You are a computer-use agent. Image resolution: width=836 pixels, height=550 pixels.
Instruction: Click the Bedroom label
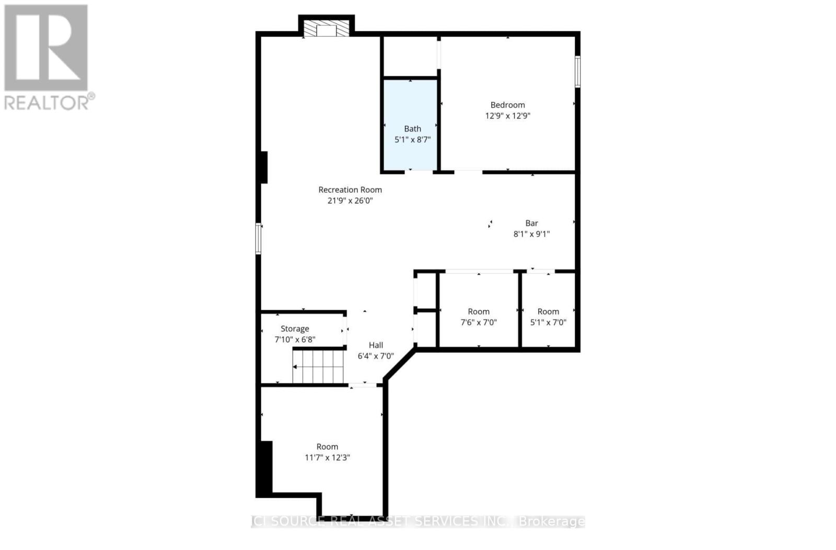click(x=507, y=105)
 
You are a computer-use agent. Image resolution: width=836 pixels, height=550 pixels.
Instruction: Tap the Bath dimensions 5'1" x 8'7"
click(x=412, y=140)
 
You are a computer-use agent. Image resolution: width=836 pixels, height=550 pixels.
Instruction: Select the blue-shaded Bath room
click(x=411, y=104)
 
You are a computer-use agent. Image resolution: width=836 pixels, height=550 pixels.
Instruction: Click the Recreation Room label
click(x=350, y=190)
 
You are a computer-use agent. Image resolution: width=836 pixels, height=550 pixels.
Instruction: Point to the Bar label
click(x=531, y=223)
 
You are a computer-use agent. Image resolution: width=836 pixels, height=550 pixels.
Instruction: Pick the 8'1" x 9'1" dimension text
click(x=531, y=234)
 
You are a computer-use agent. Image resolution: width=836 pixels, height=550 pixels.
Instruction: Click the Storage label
click(x=295, y=329)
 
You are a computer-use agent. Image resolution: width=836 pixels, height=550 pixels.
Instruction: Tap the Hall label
click(x=376, y=345)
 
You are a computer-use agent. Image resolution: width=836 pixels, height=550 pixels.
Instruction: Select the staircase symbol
click(x=318, y=366)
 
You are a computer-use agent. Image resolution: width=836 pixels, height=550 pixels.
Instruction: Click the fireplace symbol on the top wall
click(x=327, y=30)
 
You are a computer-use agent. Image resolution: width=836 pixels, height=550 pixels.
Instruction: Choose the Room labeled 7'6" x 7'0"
click(x=479, y=312)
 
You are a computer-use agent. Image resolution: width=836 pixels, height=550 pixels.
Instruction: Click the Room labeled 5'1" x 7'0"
click(x=548, y=312)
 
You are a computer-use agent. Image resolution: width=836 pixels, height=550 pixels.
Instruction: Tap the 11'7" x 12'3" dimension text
click(x=327, y=458)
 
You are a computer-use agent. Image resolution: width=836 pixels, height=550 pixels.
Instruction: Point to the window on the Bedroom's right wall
click(x=577, y=72)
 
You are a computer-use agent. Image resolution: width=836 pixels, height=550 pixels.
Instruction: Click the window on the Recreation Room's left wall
click(x=258, y=239)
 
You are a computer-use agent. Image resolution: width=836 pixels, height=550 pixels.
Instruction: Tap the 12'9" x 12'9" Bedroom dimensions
click(x=507, y=116)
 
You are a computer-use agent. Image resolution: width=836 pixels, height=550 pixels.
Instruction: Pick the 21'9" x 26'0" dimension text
click(x=350, y=201)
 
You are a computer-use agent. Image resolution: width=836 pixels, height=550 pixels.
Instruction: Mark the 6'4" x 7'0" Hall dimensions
click(x=376, y=356)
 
